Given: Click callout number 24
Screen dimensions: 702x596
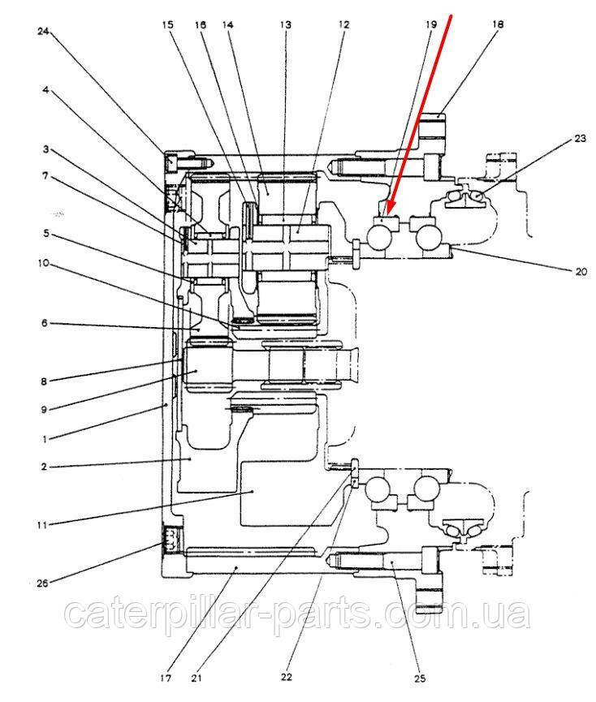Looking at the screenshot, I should coord(43,32).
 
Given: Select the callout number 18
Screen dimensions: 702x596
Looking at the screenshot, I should coord(497,24).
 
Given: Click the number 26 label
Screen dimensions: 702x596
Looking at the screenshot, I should coord(43,582).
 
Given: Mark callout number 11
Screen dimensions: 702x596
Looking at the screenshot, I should coord(43,524).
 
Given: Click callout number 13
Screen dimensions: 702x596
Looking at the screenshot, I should coord(286,25).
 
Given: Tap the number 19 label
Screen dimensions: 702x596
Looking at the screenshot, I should coord(430,25).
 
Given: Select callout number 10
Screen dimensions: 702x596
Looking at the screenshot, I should coord(43,263).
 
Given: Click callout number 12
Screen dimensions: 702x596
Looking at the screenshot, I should coord(343,25).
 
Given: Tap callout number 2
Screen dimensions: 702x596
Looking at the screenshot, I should coord(44,467).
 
